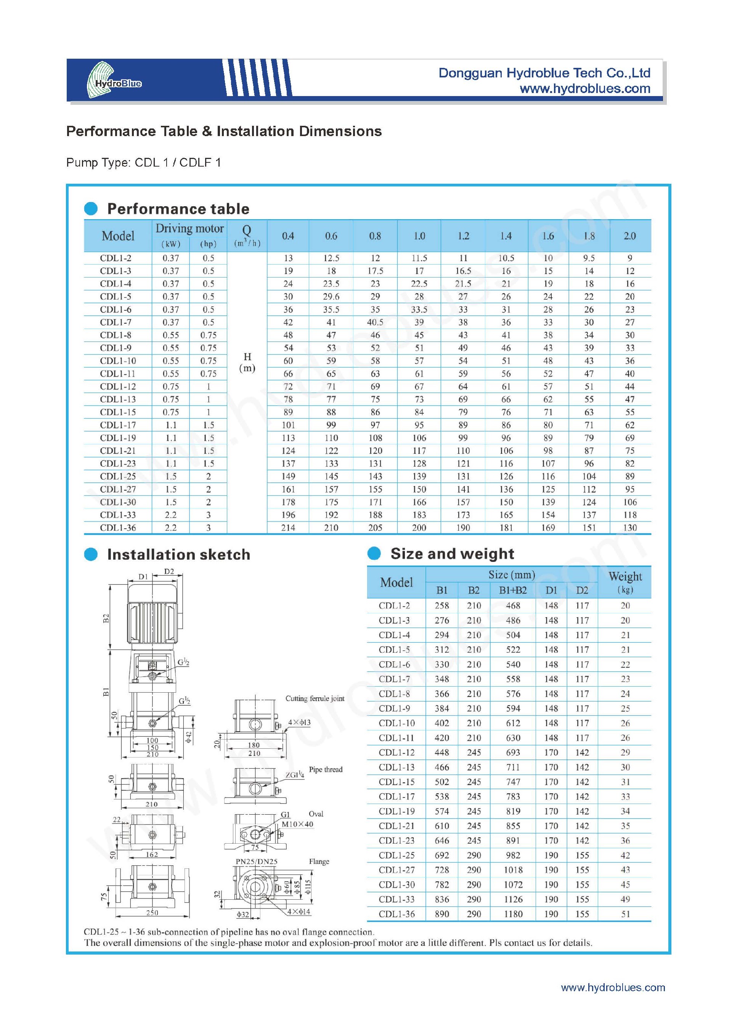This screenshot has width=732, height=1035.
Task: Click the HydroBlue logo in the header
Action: [x=113, y=80]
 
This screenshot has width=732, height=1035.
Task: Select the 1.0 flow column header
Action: [x=419, y=236]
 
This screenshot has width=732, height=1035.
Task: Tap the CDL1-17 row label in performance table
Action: [x=118, y=425]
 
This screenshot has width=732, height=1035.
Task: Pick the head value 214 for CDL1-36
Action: [x=288, y=528]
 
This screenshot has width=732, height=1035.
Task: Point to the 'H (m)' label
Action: [x=247, y=363]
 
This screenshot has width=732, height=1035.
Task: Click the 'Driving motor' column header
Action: [x=189, y=229]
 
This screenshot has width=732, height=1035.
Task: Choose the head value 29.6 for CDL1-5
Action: [x=331, y=297]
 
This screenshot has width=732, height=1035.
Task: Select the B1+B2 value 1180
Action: [x=513, y=914]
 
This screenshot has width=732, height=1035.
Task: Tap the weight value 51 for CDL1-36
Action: [x=625, y=914]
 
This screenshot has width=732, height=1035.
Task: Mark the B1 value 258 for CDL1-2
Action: [x=442, y=606]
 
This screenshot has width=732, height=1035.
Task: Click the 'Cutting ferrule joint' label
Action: [x=315, y=699]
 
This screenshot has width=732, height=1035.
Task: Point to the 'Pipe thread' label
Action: [x=326, y=770]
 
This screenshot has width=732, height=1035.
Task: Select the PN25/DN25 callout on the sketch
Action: [x=257, y=862]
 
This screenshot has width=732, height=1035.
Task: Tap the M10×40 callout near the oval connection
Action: [x=297, y=825]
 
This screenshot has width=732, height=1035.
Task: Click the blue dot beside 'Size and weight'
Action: [x=374, y=553]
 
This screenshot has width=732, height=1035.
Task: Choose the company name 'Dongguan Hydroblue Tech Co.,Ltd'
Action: [x=544, y=73]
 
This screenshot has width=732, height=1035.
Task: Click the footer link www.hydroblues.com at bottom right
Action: [x=613, y=988]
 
